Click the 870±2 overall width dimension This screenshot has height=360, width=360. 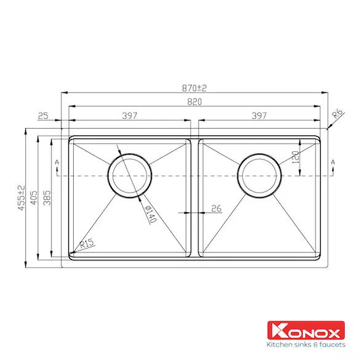[194, 88]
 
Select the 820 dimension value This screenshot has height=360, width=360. [194, 102]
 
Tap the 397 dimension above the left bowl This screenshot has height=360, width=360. [129, 116]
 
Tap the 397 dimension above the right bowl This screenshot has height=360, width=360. [259, 116]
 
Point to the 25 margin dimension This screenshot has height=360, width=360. [43, 116]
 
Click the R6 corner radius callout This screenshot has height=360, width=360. [338, 113]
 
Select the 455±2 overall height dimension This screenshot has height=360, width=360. [21, 198]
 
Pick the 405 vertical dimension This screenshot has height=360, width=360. [34, 198]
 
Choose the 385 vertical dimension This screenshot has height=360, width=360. [47, 198]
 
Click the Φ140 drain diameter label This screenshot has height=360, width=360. [151, 214]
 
